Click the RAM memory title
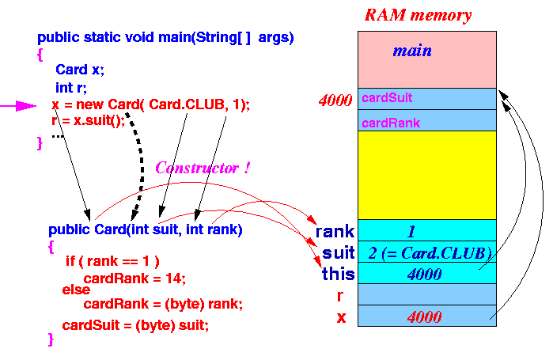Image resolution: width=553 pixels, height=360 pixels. click(x=418, y=16)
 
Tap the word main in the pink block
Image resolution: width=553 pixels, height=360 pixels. click(x=412, y=51)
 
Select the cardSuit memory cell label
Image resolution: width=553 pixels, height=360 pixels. click(x=387, y=97)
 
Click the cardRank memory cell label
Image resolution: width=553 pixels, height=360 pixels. click(x=391, y=123)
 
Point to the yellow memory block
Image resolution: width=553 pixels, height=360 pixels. click(x=427, y=175)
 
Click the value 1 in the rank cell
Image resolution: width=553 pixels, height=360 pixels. click(x=411, y=232)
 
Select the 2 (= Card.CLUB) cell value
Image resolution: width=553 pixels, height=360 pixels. click(x=430, y=253)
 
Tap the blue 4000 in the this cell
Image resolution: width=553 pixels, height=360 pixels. click(x=424, y=275)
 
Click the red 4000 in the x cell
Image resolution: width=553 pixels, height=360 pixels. click(x=424, y=317)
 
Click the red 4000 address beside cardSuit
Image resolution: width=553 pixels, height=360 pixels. click(x=335, y=100)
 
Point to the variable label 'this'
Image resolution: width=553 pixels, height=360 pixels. click(x=338, y=274)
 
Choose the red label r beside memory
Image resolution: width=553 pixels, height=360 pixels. click(x=339, y=296)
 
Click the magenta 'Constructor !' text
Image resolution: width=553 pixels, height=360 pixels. click(x=203, y=168)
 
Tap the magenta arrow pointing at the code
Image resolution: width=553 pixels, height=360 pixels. click(x=18, y=106)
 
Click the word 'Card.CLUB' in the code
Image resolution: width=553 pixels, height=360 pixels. click(x=186, y=104)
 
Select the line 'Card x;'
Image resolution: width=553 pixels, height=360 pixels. click(x=80, y=70)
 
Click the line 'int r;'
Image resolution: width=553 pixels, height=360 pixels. click(x=71, y=88)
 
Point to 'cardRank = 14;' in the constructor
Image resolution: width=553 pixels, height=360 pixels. click(x=134, y=279)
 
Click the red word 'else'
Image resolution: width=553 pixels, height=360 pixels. click(x=76, y=290)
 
